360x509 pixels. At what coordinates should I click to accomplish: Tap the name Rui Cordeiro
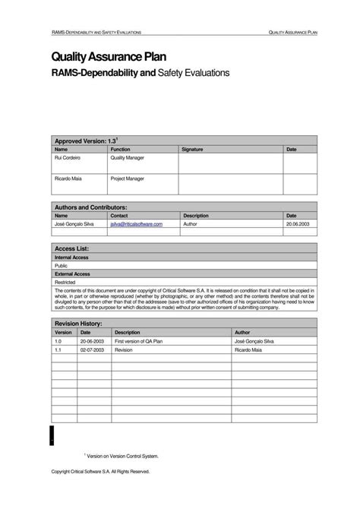68,158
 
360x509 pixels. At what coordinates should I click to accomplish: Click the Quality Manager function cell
127,158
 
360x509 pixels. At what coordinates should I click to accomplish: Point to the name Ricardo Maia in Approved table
68,179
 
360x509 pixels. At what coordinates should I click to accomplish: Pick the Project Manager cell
128,179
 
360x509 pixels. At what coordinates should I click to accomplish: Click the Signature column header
192,150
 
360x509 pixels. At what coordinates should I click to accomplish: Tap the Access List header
72,248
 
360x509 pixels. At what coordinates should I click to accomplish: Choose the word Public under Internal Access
62,266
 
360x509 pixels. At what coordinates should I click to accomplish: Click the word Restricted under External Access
65,282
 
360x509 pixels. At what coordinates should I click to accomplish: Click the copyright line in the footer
100,471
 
